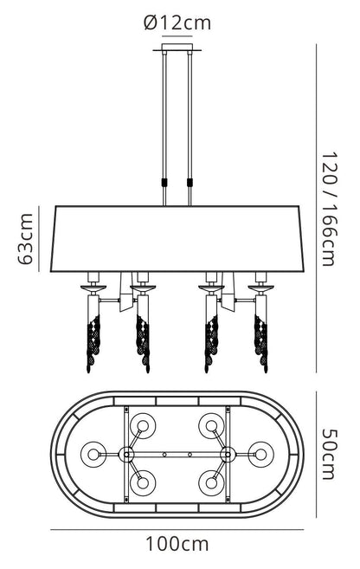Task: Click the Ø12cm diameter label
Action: pos(177,23)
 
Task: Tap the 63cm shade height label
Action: pos(26,239)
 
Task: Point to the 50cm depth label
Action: pos(330,455)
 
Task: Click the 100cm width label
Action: pos(177,545)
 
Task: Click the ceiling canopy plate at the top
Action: pos(177,48)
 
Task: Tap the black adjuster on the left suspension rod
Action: pos(164,182)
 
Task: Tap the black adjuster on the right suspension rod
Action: pos(190,182)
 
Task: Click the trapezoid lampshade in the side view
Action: pos(177,239)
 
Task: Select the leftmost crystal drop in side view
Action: pos(93,344)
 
